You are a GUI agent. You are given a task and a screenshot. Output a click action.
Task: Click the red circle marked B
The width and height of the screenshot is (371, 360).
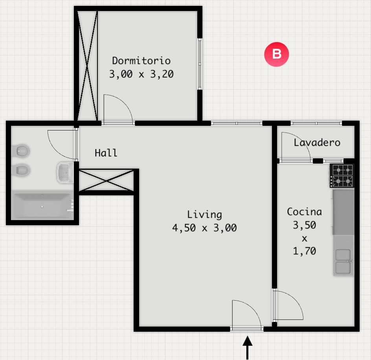click(276, 54)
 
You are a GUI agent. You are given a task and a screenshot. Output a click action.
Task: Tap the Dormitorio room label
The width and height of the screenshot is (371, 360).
click(141, 61)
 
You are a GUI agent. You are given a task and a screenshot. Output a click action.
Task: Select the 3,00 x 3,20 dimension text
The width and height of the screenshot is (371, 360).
click(141, 74)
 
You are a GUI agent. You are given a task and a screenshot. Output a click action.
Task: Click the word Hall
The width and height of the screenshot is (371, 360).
click(106, 153)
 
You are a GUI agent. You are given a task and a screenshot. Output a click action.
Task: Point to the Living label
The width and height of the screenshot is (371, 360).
click(204, 215)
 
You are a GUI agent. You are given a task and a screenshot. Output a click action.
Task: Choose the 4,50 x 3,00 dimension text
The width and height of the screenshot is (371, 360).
click(204, 228)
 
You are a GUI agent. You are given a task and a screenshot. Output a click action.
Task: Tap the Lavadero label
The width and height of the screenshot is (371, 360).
click(317, 143)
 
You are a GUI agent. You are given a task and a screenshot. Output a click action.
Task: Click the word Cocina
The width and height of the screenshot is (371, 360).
click(304, 212)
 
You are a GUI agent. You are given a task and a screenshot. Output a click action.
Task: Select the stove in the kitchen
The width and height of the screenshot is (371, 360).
click(342, 176)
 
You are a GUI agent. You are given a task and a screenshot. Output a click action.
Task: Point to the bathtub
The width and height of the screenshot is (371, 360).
click(42, 206)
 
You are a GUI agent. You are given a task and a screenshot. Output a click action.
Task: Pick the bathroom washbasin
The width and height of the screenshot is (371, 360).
click(65, 172)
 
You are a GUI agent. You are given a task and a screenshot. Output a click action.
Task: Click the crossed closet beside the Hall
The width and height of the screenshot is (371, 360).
click(106, 180)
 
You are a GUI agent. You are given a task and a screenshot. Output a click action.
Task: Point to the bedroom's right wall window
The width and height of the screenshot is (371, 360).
click(200, 64)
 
